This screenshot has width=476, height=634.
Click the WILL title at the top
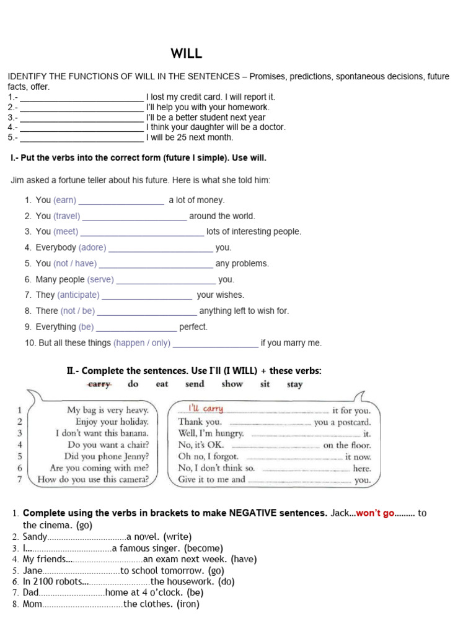click(187, 54)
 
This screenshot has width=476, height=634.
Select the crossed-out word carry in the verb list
click(99, 384)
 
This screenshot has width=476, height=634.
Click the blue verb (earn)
click(64, 200)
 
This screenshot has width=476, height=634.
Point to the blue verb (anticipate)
click(78, 295)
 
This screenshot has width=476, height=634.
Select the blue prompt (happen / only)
click(142, 342)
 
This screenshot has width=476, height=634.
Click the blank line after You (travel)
click(134, 217)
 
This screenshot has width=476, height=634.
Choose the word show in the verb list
click(232, 384)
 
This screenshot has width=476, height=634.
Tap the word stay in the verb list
click(295, 384)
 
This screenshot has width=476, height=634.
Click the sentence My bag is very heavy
click(108, 410)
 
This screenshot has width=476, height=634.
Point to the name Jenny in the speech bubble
click(136, 456)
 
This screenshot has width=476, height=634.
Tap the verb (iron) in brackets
click(188, 604)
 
